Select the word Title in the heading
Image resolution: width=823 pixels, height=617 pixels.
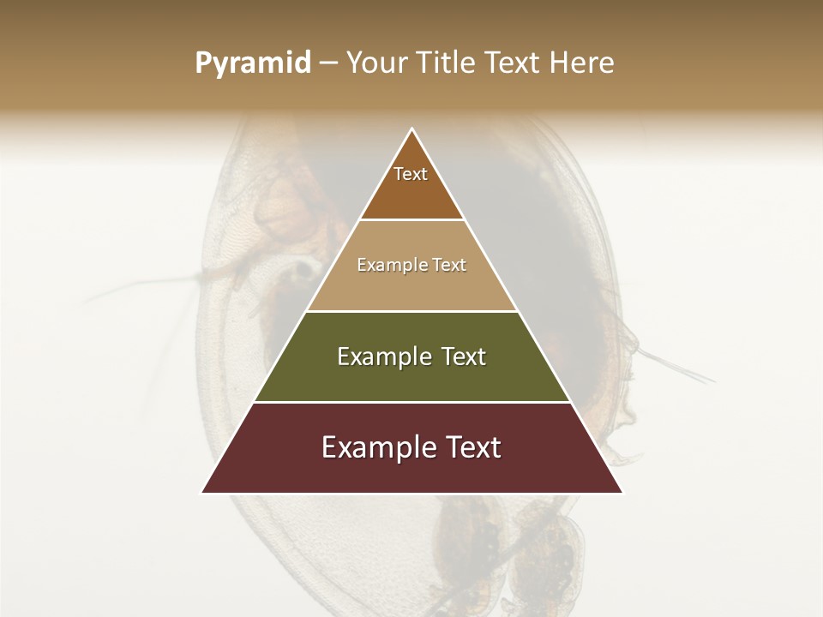tap(450, 63)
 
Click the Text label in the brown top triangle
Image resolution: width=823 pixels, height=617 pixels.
tap(411, 175)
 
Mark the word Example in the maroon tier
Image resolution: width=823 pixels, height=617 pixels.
tap(374, 448)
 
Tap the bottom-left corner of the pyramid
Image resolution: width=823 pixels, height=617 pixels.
tap(202, 493)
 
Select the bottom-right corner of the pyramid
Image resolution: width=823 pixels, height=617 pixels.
tap(622, 493)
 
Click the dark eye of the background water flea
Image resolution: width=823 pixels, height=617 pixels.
tap(303, 272)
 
